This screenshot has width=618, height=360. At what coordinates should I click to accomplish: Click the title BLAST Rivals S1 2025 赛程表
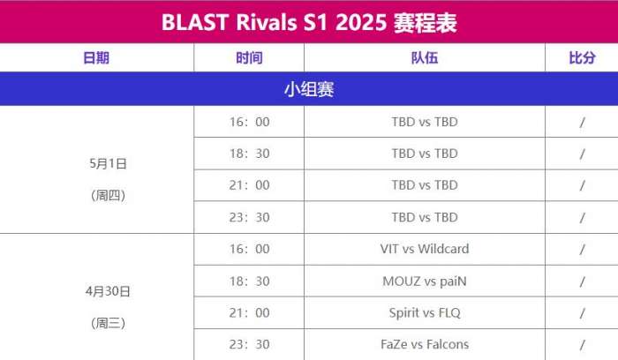309,22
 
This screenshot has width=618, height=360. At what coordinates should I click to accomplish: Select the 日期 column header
96,58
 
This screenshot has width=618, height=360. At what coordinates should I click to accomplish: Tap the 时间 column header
249,58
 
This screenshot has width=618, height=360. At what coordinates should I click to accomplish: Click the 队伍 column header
425,58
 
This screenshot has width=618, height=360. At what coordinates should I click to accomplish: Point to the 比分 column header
582,58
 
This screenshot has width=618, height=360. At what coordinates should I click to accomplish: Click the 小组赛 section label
309,89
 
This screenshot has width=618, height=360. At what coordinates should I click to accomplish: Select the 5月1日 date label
108,163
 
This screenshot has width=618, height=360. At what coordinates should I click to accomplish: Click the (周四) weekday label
108,195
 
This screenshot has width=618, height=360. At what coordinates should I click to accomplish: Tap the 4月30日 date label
108,291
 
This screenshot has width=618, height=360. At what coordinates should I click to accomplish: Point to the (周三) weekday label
108,323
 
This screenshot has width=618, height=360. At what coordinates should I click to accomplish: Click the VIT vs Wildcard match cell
425,249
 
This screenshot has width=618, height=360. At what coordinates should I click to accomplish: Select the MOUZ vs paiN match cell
425,281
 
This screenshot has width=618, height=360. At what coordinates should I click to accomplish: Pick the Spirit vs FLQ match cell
425,312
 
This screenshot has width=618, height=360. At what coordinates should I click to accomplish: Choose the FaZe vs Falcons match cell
425,344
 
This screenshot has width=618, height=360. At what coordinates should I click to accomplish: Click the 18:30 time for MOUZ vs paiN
249,281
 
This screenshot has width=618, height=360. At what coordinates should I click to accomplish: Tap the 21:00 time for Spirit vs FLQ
249,312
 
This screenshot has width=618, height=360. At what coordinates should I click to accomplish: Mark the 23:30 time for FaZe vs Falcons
249,344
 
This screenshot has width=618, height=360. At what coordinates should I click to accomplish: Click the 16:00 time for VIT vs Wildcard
249,249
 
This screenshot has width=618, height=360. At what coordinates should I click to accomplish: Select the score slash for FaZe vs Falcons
582,345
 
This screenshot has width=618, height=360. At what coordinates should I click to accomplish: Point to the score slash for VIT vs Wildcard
582,250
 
